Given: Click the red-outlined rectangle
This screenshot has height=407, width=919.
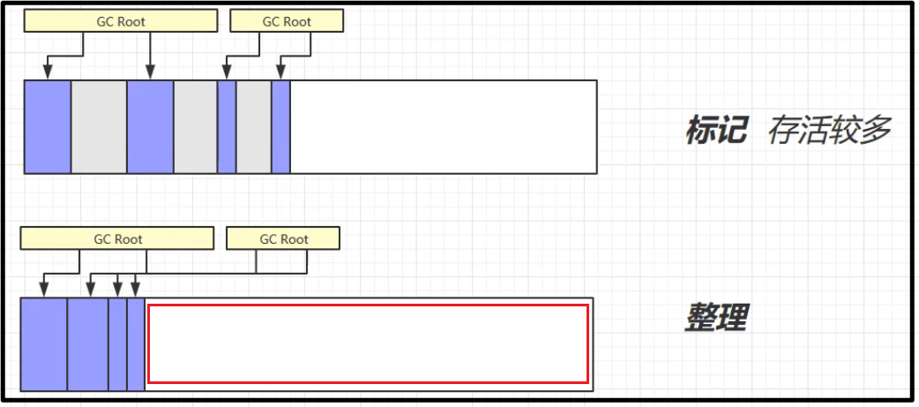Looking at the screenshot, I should tap(368, 343).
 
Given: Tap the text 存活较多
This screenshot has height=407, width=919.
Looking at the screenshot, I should tap(829, 131).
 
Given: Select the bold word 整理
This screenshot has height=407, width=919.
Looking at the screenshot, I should tap(715, 318).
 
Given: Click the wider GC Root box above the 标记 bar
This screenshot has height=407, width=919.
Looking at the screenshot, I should tap(120, 22).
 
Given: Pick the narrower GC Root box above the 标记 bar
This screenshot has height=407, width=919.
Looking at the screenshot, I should tap(286, 22).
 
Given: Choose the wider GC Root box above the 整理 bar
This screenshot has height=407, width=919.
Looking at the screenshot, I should tap(117, 238).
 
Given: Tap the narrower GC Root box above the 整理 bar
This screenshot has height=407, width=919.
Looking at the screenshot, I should tap(283, 238).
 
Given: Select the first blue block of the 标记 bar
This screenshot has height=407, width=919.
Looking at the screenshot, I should tap(48, 126).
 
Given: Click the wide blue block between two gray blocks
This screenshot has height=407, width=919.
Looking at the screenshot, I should tap(150, 126).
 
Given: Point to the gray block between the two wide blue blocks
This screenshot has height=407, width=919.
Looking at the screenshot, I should tap(99, 126).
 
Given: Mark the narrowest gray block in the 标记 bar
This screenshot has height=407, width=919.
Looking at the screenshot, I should tap(254, 126).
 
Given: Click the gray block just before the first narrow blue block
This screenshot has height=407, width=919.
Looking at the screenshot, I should tap(195, 126).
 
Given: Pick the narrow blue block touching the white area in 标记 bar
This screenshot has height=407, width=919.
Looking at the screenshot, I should tap(281, 126).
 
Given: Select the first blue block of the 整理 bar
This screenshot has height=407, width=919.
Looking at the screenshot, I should tap(43, 344).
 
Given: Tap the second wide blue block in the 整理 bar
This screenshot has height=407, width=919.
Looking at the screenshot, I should tap(87, 344).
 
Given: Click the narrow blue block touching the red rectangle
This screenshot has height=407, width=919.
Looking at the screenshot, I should tap(136, 344).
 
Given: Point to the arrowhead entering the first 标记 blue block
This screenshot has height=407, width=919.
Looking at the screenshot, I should tap(47, 74).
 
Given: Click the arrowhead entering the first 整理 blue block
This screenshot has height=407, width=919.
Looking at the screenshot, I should tap(43, 291).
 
